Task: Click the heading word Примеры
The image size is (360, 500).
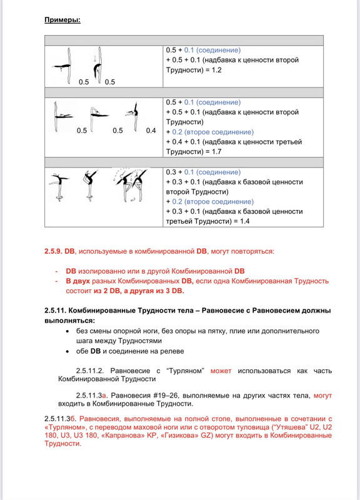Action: click(x=62, y=19)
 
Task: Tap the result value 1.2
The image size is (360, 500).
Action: click(x=215, y=70)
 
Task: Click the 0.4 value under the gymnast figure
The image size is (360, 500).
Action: click(x=151, y=131)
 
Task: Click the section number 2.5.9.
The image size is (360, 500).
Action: click(x=56, y=251)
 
